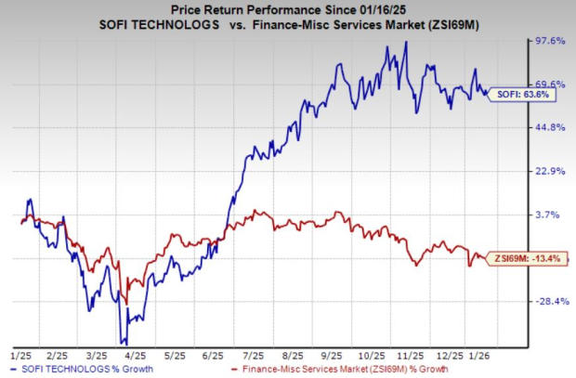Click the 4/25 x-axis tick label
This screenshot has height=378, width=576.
[x=134, y=354]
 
